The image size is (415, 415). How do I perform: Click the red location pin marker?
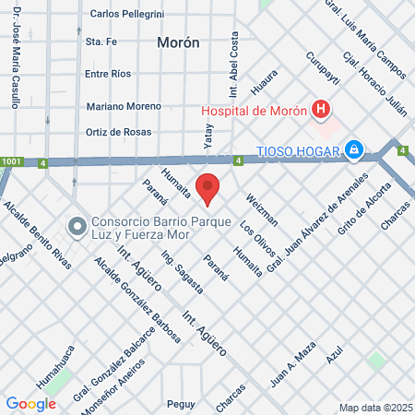tap(208, 188)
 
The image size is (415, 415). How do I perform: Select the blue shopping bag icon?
tap(353, 148)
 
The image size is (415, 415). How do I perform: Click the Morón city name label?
tap(178, 42)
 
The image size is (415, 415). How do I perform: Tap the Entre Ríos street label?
tap(110, 74)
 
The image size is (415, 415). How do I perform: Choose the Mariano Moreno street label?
tap(124, 106)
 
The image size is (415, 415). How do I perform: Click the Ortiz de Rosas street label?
tap(118, 131)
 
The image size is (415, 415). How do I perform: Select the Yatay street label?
tap(207, 136)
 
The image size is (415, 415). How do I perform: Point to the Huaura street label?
tap(264, 88)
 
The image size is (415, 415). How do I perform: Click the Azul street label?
tap(335, 353)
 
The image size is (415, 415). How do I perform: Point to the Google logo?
tap(31, 404)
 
